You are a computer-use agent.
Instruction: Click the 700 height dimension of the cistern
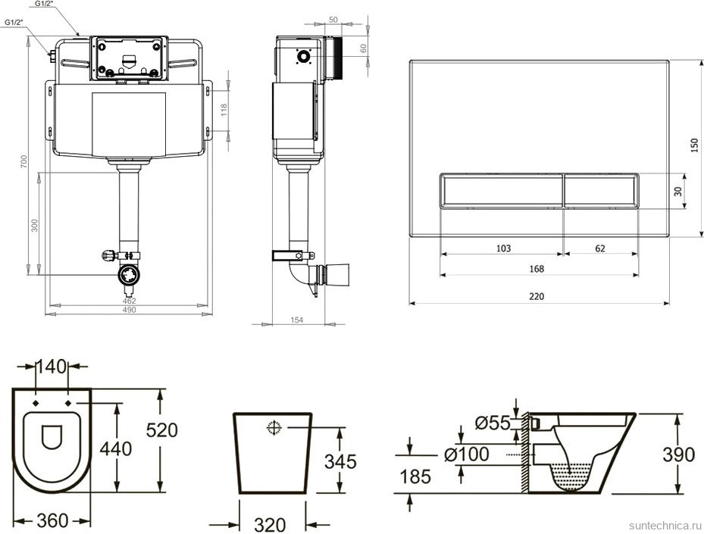(x=24, y=161)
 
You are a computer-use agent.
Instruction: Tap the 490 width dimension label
(x=129, y=310)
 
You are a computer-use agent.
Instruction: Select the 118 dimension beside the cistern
(x=224, y=110)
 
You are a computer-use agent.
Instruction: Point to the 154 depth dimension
(x=297, y=320)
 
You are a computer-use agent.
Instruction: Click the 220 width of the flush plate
(x=537, y=296)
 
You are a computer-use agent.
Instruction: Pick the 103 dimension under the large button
(x=503, y=248)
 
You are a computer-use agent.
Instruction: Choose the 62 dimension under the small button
(x=600, y=248)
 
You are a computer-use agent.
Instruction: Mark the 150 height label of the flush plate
(x=694, y=145)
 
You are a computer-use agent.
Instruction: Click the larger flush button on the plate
(x=501, y=190)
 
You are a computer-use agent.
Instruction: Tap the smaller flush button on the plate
(x=601, y=190)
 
